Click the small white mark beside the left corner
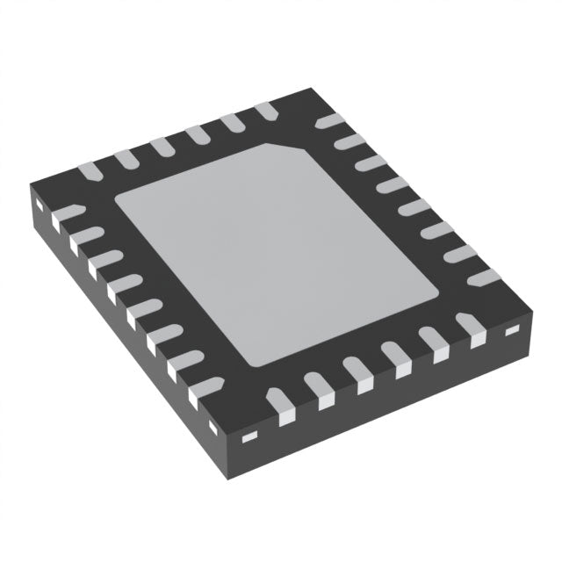click(x=40, y=207)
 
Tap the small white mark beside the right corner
click(x=513, y=331)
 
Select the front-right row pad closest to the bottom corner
click(x=279, y=404)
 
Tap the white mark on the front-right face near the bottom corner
click(x=249, y=436)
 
